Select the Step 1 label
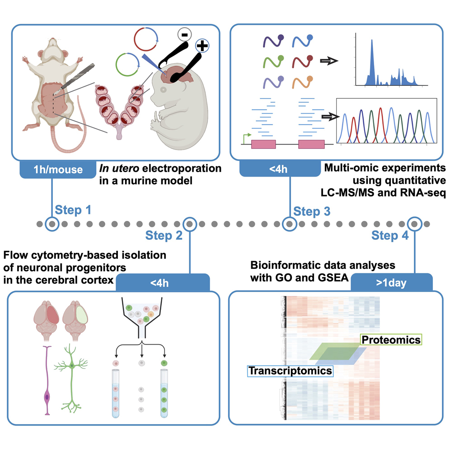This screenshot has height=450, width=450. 70,210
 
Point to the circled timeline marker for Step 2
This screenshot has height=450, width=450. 189,223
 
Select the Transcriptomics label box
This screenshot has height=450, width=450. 289,370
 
